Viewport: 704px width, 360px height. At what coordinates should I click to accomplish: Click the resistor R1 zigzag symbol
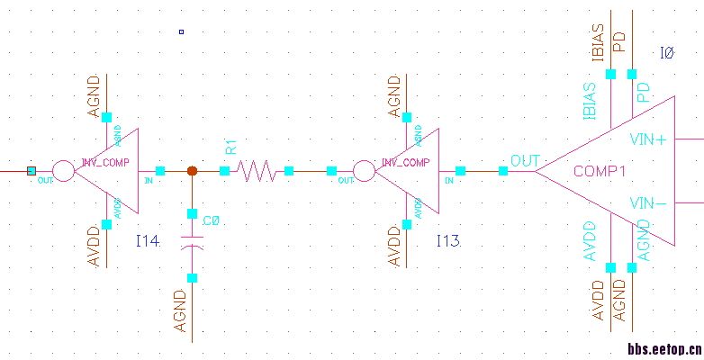257,170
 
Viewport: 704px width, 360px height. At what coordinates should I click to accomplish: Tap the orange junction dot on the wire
192,170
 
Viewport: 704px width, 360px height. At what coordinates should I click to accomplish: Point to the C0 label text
211,220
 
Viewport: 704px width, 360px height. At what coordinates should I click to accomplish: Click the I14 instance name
148,241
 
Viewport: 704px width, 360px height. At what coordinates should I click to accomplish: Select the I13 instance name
448,241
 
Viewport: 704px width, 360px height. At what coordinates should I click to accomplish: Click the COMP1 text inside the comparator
600,171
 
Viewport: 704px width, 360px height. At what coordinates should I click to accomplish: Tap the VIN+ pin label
647,139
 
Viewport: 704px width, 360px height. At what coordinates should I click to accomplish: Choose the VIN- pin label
648,202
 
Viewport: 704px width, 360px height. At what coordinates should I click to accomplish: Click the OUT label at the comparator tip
524,161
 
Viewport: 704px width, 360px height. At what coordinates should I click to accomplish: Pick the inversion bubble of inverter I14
63,170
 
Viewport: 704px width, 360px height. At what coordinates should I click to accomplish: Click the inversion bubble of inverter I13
363,170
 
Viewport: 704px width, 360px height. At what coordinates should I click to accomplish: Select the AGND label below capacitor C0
181,311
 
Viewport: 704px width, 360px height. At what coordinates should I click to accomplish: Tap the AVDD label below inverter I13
393,246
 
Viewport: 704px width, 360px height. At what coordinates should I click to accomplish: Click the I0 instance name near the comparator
667,54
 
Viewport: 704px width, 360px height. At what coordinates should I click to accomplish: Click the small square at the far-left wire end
32,170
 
